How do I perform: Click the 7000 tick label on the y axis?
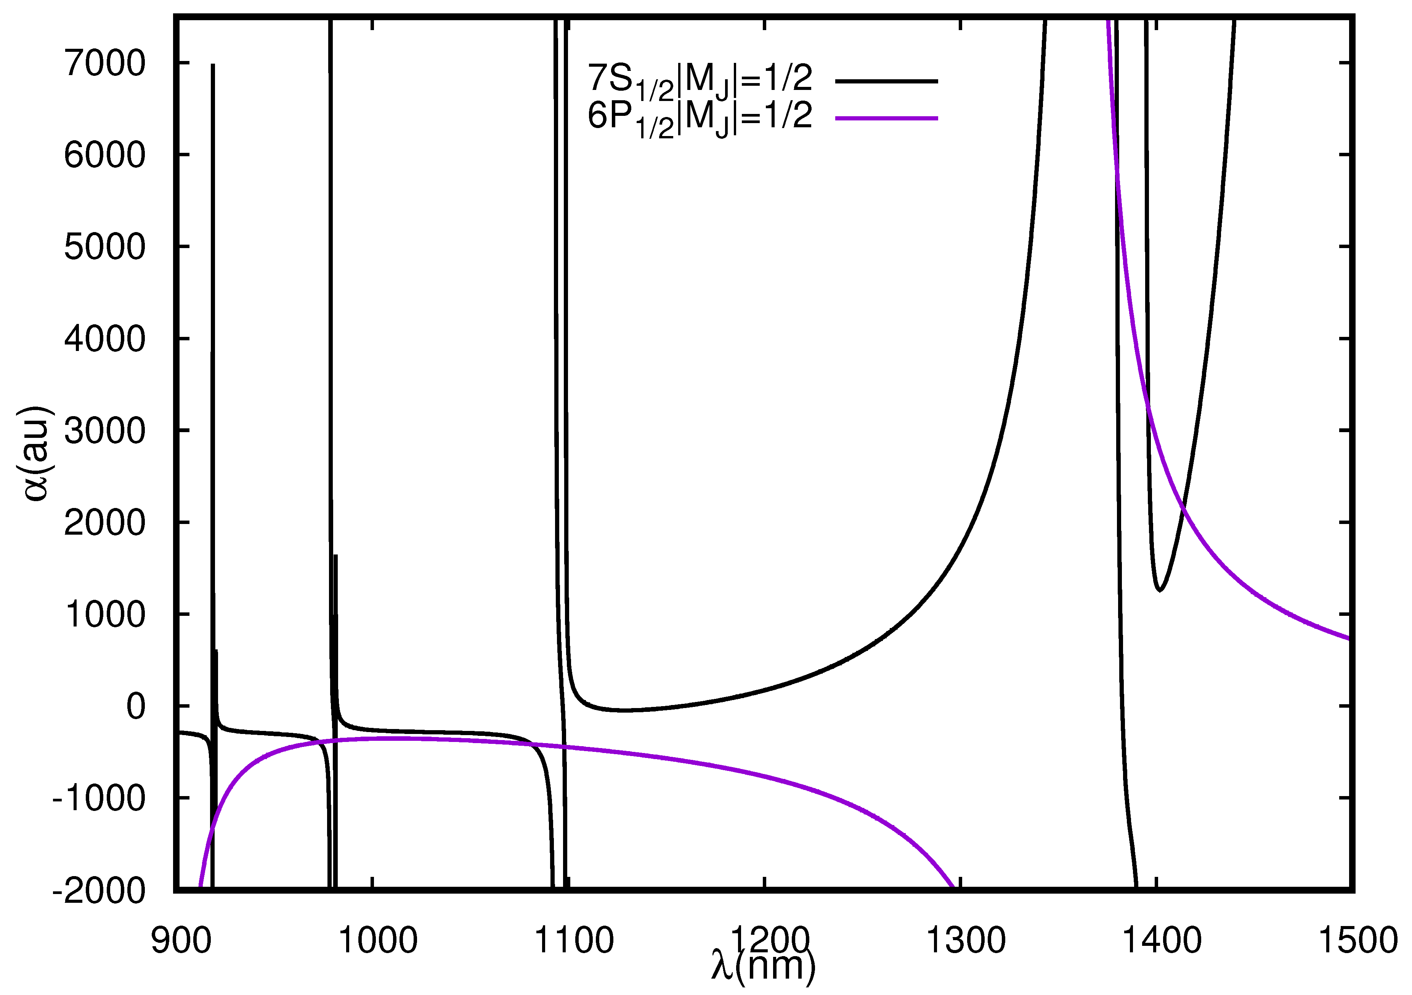pyautogui.click(x=104, y=63)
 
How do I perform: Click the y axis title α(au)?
pyautogui.click(x=36, y=454)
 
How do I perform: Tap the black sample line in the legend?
pyautogui.click(x=886, y=80)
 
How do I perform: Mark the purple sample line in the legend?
pyautogui.click(x=886, y=117)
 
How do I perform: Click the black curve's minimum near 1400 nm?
pyautogui.click(x=1160, y=590)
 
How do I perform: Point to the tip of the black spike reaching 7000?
pyautogui.click(x=213, y=64)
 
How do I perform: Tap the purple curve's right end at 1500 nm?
pyautogui.click(x=1349, y=638)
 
